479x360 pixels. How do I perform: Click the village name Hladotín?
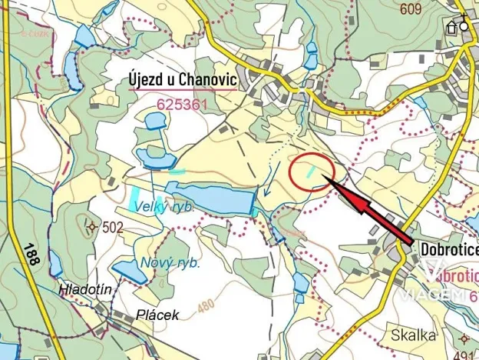coord(84,289)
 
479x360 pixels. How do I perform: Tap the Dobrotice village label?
coord(449,249)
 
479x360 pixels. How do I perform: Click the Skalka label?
coord(414,335)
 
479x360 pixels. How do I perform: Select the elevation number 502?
coord(112,227)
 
